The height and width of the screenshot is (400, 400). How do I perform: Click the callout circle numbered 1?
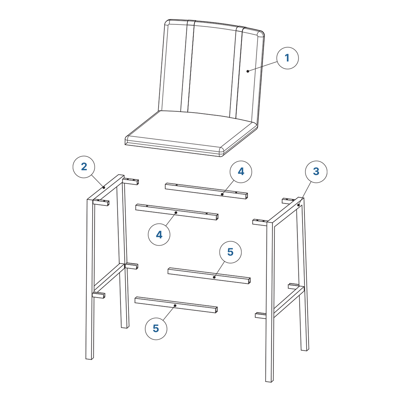click(287, 58)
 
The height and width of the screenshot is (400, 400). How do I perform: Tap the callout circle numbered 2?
click(84, 167)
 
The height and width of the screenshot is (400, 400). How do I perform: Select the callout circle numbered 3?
click(316, 172)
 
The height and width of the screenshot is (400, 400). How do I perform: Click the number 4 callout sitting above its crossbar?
click(241, 172)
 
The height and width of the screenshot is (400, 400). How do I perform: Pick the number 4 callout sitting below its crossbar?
click(159, 235)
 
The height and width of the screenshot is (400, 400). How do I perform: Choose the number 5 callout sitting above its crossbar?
click(230, 252)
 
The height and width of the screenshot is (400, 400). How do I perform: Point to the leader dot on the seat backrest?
click(248, 71)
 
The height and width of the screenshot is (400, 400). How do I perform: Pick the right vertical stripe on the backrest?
click(237, 72)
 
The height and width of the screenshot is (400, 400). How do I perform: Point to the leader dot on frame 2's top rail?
click(104, 188)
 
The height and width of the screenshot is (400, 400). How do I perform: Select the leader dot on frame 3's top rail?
click(298, 205)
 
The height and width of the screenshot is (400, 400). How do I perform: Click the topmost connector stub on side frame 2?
click(131, 181)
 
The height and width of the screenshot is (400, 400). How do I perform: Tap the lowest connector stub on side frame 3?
click(261, 315)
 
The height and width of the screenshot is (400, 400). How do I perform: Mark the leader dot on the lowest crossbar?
click(175, 306)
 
